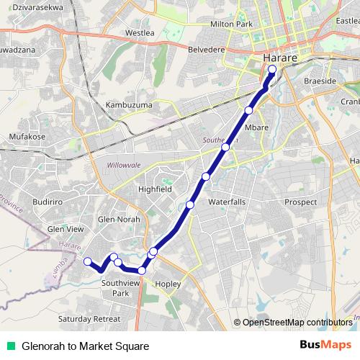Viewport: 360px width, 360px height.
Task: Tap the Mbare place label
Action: (x=256, y=127)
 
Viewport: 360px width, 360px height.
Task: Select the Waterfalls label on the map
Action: (x=227, y=203)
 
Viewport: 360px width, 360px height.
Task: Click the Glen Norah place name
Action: (x=119, y=219)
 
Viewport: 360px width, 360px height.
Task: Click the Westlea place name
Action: (x=140, y=33)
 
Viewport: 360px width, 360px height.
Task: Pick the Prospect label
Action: (x=300, y=202)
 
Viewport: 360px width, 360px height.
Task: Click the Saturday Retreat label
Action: (x=89, y=318)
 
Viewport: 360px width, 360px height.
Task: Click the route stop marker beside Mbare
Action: (x=248, y=110)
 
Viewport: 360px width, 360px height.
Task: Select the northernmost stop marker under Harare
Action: (x=271, y=70)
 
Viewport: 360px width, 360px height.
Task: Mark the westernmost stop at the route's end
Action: (x=87, y=261)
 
